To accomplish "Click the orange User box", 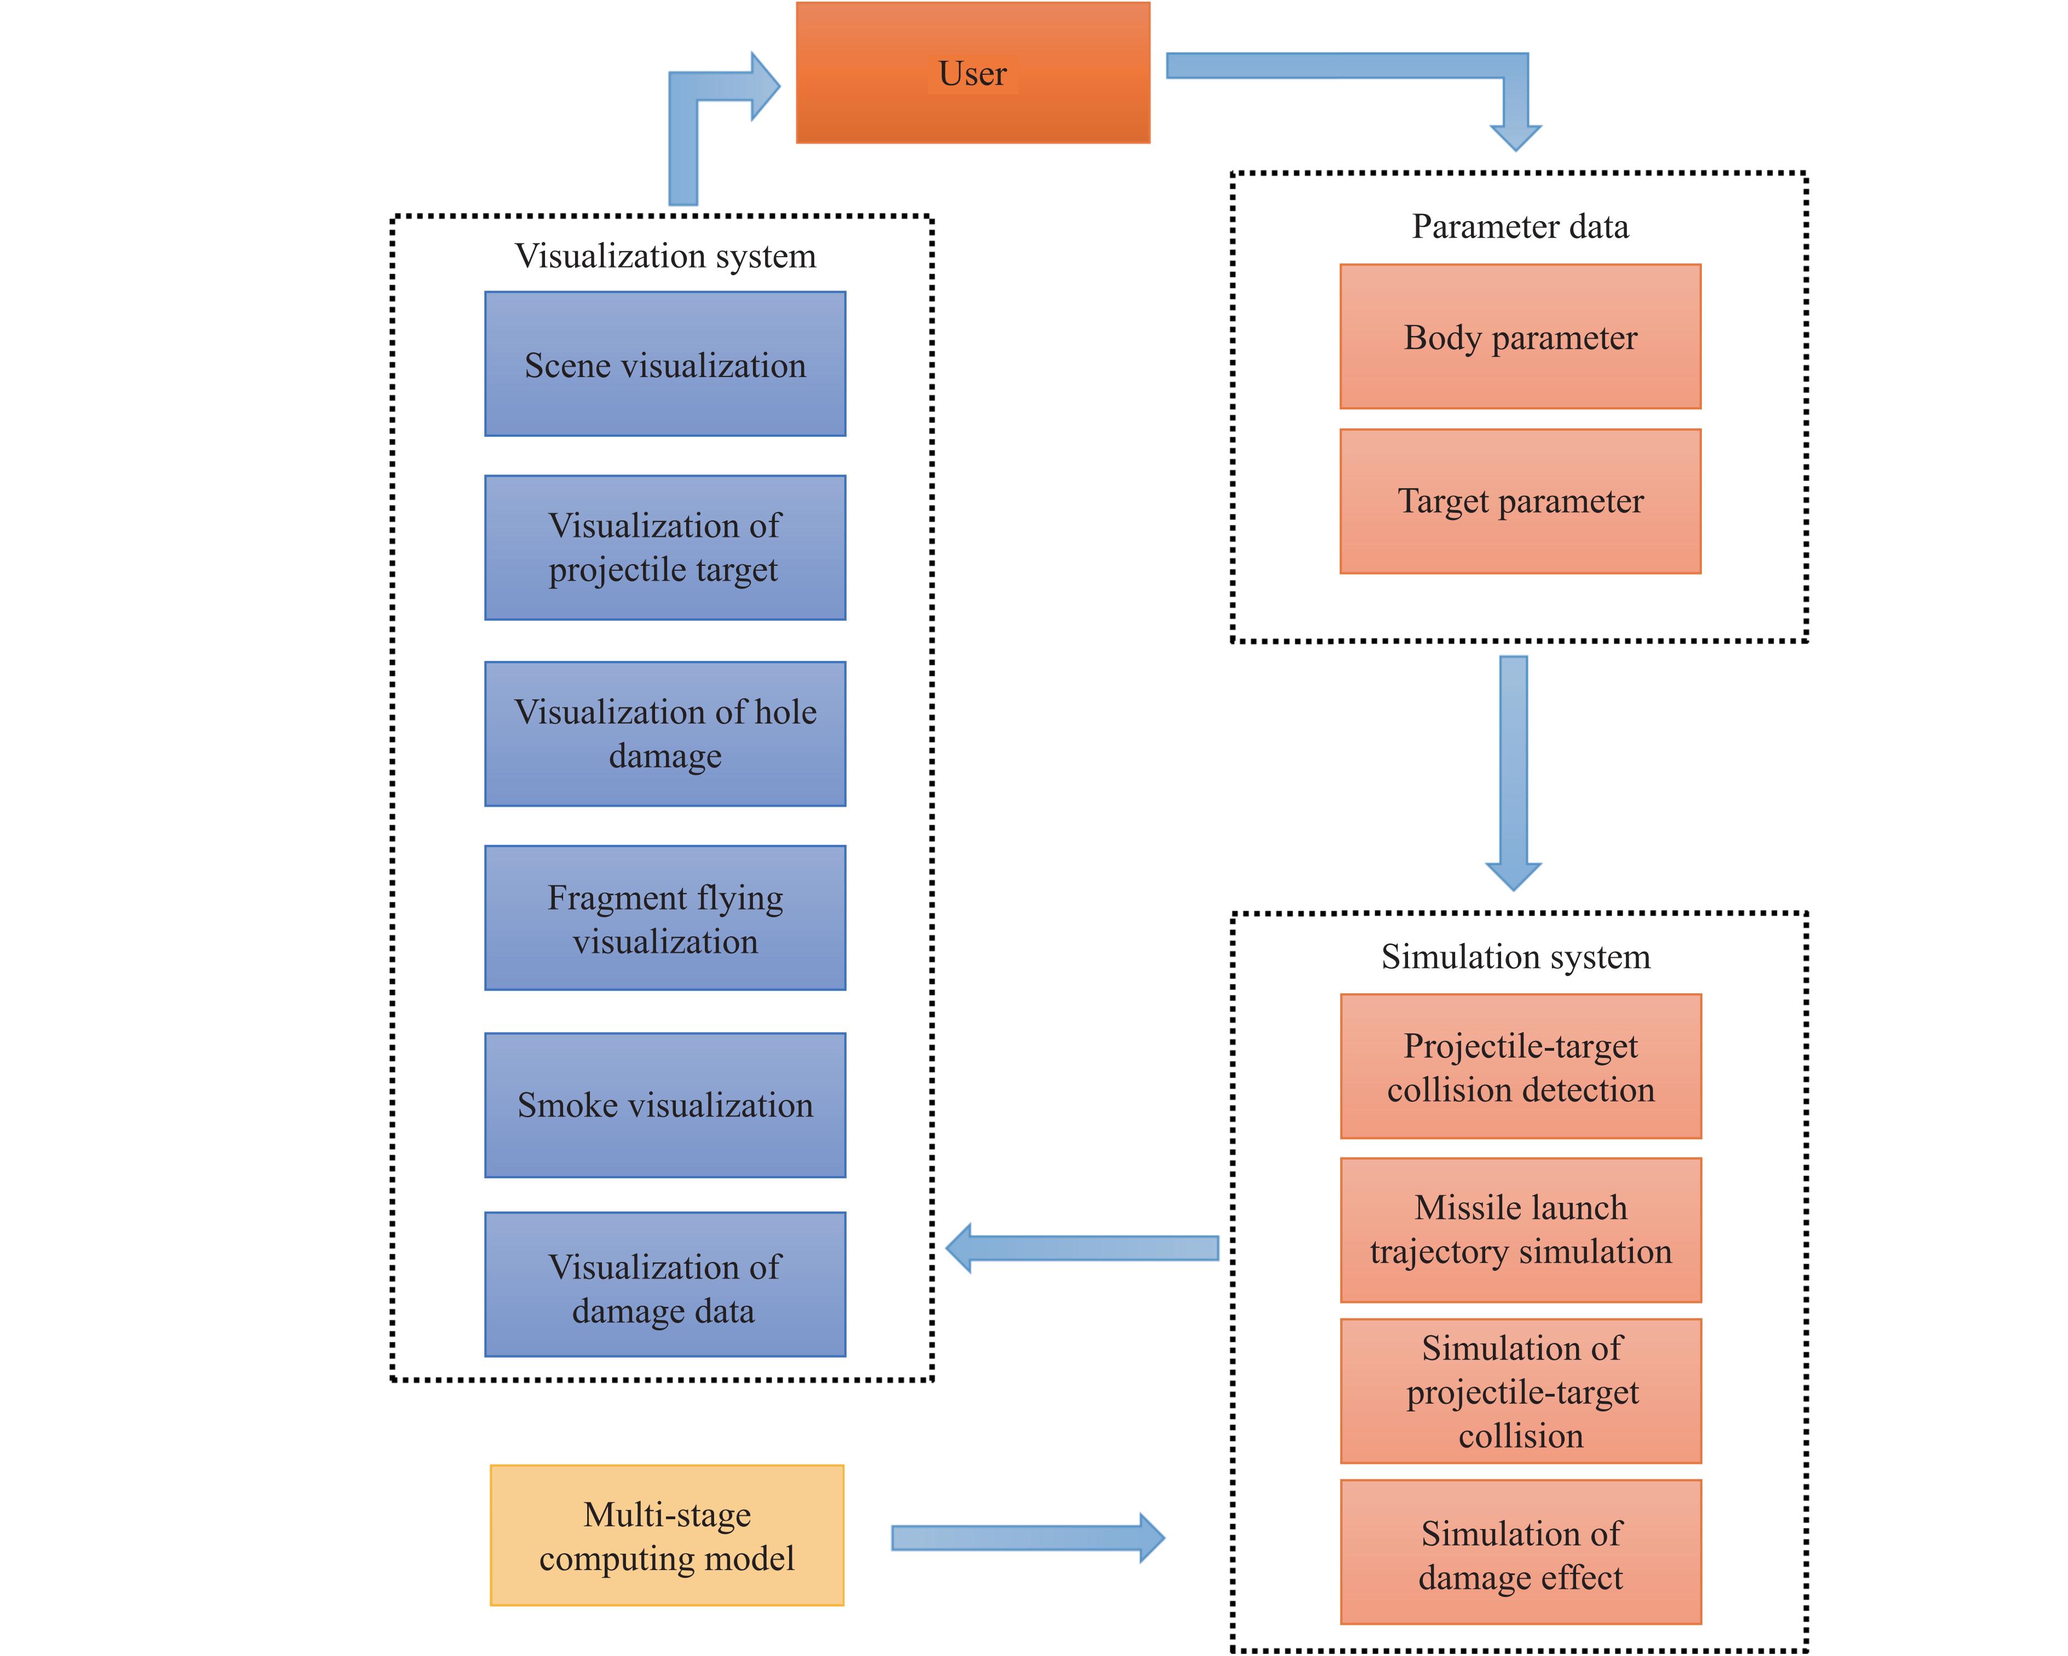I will pos(972,73).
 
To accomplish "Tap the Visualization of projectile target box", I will pos(665,547).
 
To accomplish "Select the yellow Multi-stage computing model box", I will pos(667,1535).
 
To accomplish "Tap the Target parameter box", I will pos(1520,501).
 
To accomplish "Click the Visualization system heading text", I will pos(665,255).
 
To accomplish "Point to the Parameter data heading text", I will pos(1520,227).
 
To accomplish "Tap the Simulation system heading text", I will pos(1515,957).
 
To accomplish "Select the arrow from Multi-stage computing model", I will pos(1026,1538).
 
